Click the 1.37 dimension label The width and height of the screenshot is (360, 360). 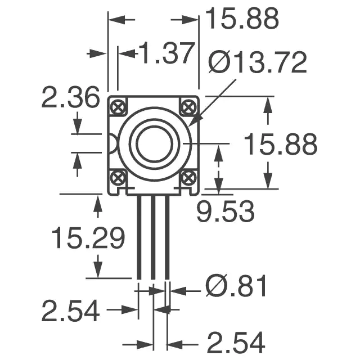click(x=166, y=53)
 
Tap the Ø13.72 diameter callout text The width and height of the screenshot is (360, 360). click(x=258, y=62)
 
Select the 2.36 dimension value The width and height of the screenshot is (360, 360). click(x=71, y=97)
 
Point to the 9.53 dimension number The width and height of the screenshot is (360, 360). click(x=226, y=211)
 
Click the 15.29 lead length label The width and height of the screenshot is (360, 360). click(x=88, y=237)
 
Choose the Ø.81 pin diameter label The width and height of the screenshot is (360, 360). click(x=236, y=286)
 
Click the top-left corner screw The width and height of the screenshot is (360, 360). click(x=118, y=107)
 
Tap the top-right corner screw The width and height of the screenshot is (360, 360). click(x=188, y=107)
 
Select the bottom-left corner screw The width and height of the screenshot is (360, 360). click(x=118, y=178)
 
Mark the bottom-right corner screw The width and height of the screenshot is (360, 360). click(x=188, y=178)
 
